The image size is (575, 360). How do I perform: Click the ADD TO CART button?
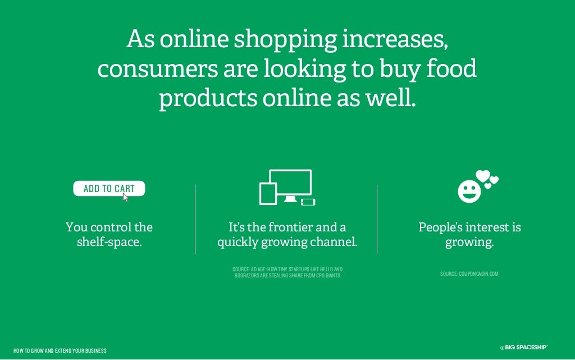108,189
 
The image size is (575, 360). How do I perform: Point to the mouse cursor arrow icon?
126,197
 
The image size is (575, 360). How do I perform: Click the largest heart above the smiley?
482,176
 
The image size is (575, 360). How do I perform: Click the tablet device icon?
268,194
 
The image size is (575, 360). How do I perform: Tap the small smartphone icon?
308,202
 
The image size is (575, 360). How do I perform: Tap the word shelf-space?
109,243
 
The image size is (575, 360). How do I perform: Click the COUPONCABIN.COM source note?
469,274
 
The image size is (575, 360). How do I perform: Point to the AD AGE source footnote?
287,273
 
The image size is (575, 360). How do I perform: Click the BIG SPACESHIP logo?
523,348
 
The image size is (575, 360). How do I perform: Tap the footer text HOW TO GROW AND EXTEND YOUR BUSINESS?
60,351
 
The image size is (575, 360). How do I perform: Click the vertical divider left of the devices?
195,219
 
